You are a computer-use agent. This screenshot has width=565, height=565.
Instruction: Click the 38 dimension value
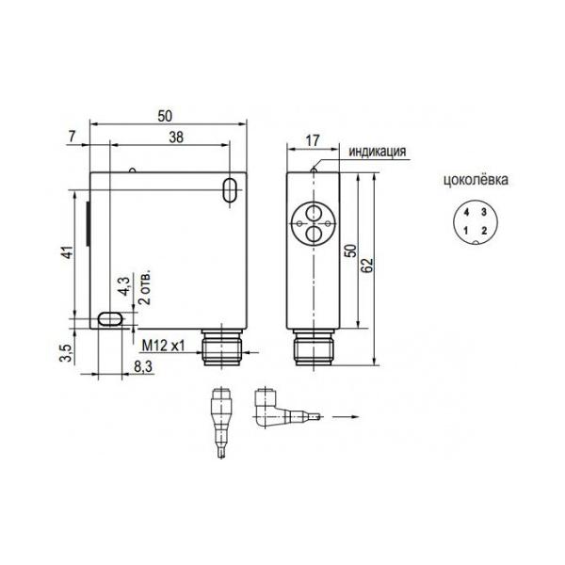pos(176,137)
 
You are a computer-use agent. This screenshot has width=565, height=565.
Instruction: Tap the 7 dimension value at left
pos(73,137)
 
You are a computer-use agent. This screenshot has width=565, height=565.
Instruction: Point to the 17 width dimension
pos(313,140)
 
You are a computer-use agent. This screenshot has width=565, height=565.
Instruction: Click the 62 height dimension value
pos(367,266)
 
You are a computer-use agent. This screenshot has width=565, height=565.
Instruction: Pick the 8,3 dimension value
pos(143,367)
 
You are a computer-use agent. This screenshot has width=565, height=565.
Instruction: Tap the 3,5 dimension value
pos(67,353)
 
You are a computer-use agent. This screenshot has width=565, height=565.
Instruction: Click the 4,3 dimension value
pos(124,286)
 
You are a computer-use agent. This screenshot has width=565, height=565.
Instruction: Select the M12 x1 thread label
pos(163,346)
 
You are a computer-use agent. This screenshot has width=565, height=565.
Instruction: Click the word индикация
pos(378,152)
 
